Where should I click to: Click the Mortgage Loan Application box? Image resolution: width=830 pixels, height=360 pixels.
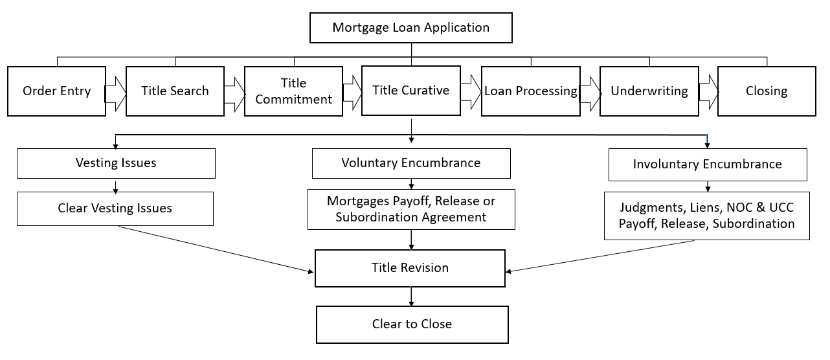[x=411, y=28]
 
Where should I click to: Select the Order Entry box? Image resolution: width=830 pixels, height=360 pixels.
[x=56, y=91]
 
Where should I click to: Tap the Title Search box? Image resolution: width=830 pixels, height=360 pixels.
[x=175, y=91]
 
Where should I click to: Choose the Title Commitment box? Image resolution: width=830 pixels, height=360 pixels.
[x=293, y=91]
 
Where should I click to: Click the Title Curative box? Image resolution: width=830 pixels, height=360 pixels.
[x=411, y=91]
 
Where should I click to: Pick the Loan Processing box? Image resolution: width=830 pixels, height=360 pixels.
[x=530, y=91]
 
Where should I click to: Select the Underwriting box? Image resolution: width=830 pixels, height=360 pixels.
[x=649, y=91]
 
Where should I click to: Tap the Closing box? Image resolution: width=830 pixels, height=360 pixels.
[x=767, y=91]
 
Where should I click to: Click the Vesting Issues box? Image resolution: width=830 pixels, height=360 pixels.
[x=116, y=163]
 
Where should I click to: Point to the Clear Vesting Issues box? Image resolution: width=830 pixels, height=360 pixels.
[x=115, y=208]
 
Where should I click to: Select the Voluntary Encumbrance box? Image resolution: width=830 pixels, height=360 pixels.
[x=411, y=163]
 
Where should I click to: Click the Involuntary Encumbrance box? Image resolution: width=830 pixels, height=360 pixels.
[x=707, y=164]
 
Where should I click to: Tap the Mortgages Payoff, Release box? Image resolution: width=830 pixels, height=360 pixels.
[x=411, y=209]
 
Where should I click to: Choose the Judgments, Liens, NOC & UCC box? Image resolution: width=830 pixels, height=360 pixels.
[x=706, y=216]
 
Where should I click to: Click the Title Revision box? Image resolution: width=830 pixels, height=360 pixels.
[x=410, y=268]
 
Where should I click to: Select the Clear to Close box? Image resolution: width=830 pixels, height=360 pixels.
[x=412, y=324]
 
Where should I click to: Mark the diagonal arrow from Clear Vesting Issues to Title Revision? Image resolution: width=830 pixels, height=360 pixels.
[x=214, y=249]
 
